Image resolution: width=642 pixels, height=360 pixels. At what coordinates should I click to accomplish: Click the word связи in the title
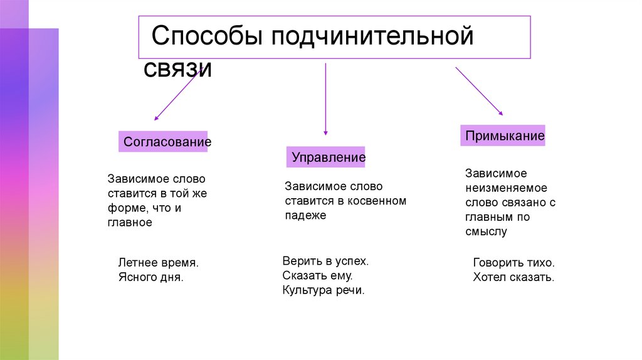pos(178,68)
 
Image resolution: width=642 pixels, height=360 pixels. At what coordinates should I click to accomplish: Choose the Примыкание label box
pos(503,135)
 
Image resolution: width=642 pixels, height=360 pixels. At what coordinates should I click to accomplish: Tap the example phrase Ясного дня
pos(150,277)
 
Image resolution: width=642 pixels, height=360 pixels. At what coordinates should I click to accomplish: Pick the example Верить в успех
pos(325,260)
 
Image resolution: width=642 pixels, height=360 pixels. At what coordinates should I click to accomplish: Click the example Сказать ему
pos(318,275)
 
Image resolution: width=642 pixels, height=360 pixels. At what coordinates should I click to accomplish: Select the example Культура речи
pos(323,290)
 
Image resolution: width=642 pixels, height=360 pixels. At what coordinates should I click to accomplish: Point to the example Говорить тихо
pos(514,263)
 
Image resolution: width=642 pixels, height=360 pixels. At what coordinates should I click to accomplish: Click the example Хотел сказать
pos(513,277)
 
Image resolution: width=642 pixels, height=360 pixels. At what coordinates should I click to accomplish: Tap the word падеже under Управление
pos(305,215)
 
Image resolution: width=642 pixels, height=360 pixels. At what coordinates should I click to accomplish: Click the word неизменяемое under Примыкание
pos(507,188)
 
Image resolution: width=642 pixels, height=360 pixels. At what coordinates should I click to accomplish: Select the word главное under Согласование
pos(130,222)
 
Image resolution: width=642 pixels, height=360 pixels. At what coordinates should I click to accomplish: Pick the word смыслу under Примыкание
pos(486,231)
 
